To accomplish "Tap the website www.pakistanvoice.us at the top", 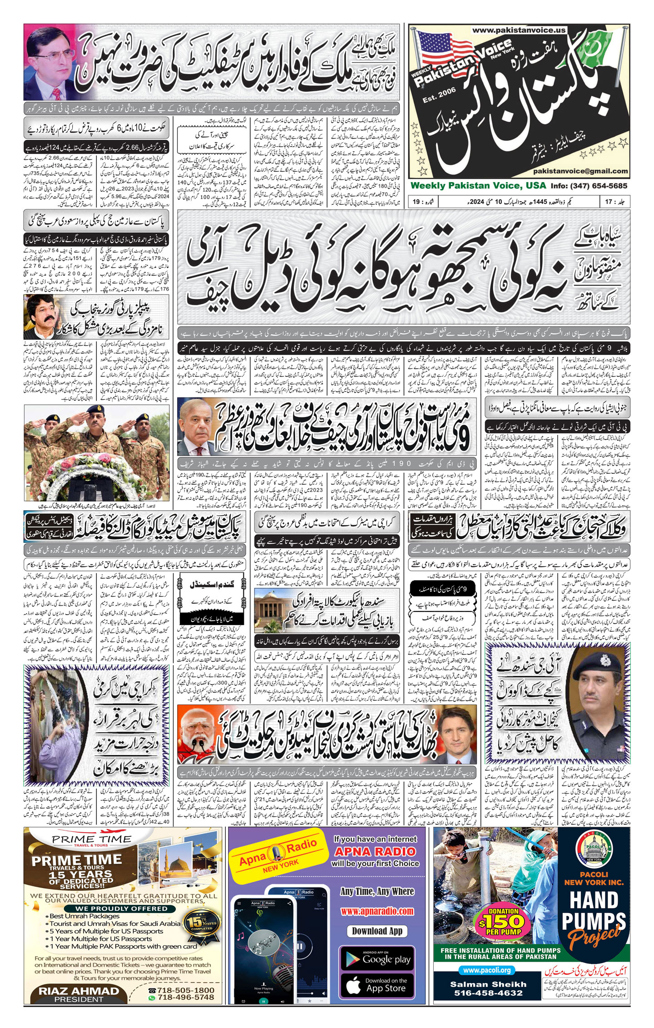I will tap(519, 30).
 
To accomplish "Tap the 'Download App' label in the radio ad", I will tap(377, 931).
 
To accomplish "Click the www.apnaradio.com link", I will tap(377, 911).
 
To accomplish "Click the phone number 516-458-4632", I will tap(488, 993).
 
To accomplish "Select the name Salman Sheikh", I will tap(488, 984).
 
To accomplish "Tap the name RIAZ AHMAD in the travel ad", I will tap(79, 991).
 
